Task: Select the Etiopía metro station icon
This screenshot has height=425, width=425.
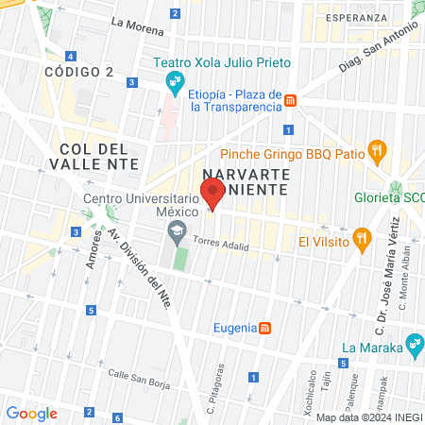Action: [292, 100]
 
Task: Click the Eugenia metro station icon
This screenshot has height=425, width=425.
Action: [266, 328]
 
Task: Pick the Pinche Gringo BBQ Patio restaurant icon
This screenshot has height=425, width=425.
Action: [378, 148]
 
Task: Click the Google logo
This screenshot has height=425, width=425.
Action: [31, 413]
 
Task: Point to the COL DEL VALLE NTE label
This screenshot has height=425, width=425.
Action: [98, 156]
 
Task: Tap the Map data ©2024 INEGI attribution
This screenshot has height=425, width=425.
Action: [369, 417]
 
